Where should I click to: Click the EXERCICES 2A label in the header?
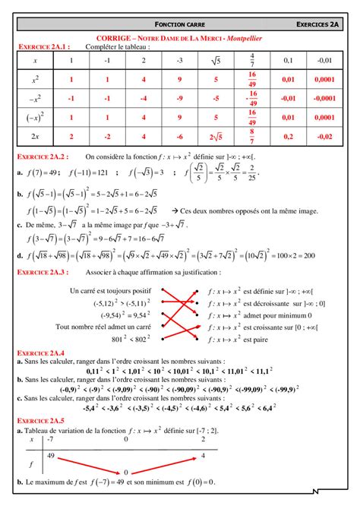click(317, 25)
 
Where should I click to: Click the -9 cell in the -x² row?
click(180, 98)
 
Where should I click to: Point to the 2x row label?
click(36, 136)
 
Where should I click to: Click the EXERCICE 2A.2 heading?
click(43, 156)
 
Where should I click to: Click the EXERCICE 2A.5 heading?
click(42, 420)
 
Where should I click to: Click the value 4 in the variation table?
click(203, 456)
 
